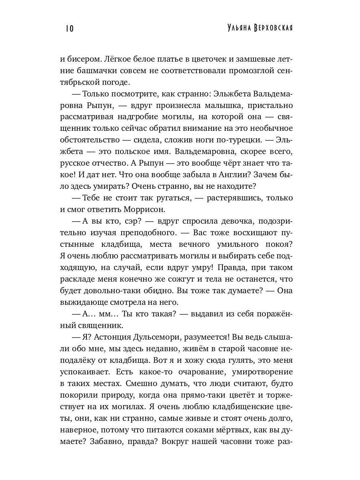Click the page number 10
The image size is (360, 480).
tap(68, 28)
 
